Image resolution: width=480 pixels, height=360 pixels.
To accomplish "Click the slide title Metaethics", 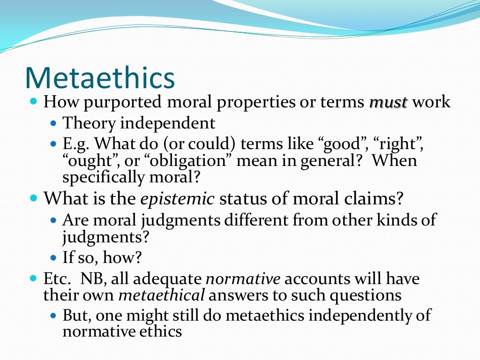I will tap(100, 78).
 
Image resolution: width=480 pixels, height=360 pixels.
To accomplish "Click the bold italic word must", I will tap(388, 102).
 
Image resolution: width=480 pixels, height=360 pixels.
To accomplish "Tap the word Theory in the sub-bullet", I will tap(89, 123).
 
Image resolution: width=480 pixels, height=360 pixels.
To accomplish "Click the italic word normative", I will tap(244, 279).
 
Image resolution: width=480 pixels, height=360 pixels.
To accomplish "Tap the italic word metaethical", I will tap(161, 295).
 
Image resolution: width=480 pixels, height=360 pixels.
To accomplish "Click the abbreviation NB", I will tap(91, 279).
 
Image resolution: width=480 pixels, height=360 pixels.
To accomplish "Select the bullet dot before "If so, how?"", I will tap(53, 257).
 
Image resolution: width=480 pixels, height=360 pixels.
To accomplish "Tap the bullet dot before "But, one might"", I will tap(53, 315).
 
